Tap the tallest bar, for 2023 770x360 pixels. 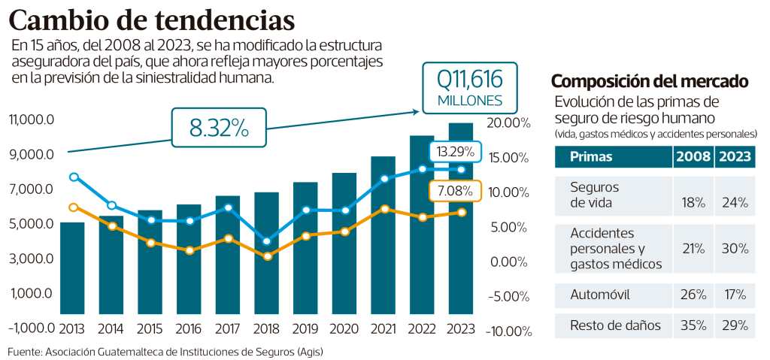pyautogui.click(x=461, y=218)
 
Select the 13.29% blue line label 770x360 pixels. pyautogui.click(x=455, y=152)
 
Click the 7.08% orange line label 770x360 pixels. pyautogui.click(x=455, y=191)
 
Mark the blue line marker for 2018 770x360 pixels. pyautogui.click(x=267, y=241)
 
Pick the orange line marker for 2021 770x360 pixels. pyautogui.click(x=384, y=209)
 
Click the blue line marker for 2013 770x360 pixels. pyautogui.click(x=73, y=177)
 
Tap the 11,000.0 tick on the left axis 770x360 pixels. pyautogui.click(x=31, y=119)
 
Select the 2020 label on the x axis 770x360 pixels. pyautogui.click(x=345, y=328)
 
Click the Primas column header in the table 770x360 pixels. pyautogui.click(x=592, y=157)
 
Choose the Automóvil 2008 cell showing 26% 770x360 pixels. pyautogui.click(x=692, y=294)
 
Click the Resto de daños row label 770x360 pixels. pyautogui.click(x=605, y=325)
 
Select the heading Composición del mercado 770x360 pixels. pyautogui.click(x=650, y=81)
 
